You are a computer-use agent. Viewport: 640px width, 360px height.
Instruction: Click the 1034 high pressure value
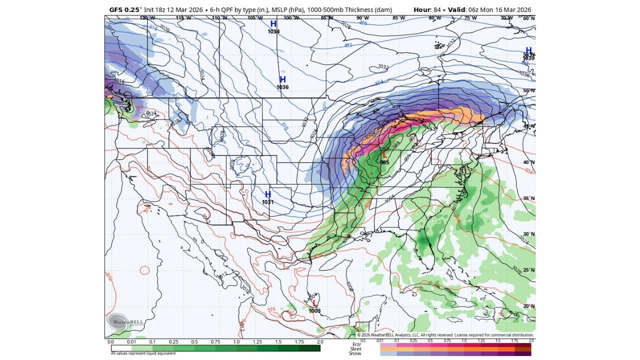pos(273,31)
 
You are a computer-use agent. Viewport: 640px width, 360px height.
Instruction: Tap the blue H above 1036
pos(282,79)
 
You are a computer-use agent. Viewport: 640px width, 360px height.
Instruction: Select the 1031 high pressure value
pos(267,202)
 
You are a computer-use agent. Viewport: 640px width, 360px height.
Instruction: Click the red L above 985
pos(384,155)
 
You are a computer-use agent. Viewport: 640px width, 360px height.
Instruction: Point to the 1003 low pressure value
pos(314,310)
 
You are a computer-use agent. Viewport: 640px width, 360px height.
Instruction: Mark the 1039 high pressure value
pos(528,58)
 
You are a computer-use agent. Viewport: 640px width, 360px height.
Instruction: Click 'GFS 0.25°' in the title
pos(125,10)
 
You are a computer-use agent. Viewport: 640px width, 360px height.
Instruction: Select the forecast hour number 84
pos(436,10)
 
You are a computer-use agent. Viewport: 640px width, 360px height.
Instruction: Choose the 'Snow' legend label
pos(355,353)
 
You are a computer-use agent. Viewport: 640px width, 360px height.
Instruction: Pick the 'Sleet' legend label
pos(355,349)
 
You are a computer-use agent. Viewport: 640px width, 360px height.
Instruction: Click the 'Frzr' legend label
pos(356,344)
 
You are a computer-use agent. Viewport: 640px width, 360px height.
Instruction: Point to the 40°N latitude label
pos(528,162)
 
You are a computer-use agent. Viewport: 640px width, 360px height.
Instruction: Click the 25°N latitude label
pos(528,269)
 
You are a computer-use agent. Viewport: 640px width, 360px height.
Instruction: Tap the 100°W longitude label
pos(291,18)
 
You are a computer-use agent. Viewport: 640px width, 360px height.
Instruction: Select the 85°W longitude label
pos(398,18)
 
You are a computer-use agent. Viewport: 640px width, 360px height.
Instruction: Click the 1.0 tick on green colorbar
pos(236,342)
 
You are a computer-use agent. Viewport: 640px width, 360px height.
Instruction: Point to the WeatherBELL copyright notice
pos(445,335)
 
